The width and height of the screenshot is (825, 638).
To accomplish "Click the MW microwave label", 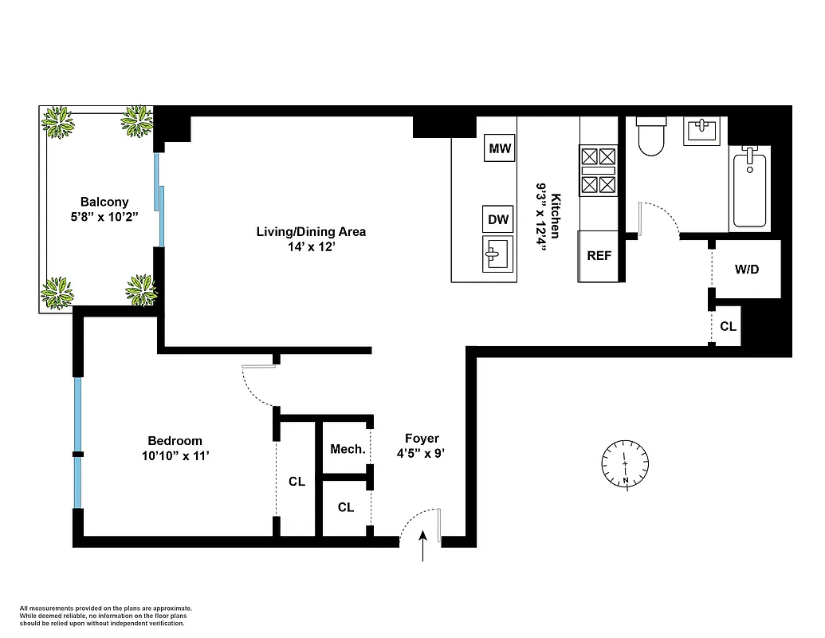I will [500, 148].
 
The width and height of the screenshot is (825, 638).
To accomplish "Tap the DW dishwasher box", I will [498, 219].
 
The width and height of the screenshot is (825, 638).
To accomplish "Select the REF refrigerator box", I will [599, 256].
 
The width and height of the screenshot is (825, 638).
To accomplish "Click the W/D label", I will [747, 270].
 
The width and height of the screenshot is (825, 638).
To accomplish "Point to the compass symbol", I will [626, 464].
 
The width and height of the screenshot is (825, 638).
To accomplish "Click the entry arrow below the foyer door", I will [422, 549].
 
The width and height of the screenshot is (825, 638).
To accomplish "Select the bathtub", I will [749, 190].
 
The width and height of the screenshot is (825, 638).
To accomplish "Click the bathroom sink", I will [703, 131].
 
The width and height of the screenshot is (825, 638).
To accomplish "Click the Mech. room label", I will [348, 450].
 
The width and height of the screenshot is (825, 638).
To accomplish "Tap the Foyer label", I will [422, 439].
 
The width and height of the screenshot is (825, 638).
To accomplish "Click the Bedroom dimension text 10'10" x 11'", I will [175, 455].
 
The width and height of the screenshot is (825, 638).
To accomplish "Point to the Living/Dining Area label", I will [311, 232].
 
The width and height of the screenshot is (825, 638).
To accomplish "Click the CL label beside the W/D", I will [728, 326].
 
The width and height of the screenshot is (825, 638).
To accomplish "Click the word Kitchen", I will [556, 216].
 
